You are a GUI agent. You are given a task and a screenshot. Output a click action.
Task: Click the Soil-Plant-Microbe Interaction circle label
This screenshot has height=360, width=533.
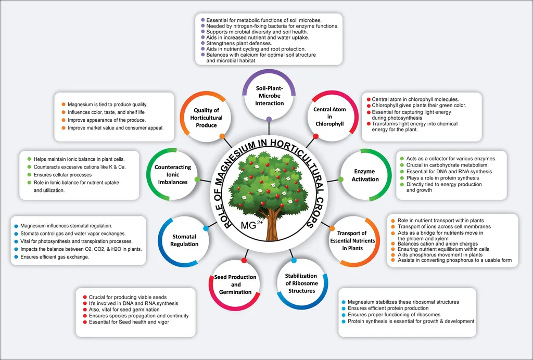269,96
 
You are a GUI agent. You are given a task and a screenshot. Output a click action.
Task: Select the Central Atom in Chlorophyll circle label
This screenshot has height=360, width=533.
329,117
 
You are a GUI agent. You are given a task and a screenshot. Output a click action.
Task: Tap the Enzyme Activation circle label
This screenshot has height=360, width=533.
364,175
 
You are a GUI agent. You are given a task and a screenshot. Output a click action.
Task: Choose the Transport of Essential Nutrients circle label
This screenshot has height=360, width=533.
356,240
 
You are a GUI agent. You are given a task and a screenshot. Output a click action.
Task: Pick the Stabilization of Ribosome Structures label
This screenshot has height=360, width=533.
301,283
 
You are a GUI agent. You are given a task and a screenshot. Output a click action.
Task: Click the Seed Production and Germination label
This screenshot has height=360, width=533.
235,285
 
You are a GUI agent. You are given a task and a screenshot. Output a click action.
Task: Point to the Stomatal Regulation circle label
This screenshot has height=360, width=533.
184,240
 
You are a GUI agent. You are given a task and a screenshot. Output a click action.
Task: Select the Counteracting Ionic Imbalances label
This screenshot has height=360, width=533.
173,175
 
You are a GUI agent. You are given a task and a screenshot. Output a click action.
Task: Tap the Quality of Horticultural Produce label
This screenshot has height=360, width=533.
206,118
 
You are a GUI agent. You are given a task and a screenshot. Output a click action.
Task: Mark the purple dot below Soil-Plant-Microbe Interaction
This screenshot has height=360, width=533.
269,119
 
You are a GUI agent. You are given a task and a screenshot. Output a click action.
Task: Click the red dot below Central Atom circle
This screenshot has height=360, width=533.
315,136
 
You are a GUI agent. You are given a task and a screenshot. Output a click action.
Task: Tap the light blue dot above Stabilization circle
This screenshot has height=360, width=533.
294,260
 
